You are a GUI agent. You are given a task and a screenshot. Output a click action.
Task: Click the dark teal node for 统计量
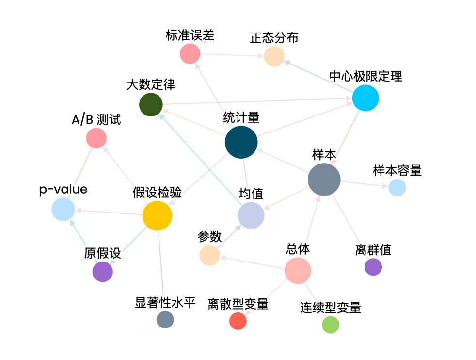coord(241,142)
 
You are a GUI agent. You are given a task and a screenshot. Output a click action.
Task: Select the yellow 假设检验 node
coord(158,215)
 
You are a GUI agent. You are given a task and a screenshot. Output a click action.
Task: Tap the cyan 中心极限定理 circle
coord(365,98)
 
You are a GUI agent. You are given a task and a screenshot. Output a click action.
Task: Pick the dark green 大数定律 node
coord(151,105)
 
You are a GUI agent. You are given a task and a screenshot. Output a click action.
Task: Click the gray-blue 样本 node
coord(324,180)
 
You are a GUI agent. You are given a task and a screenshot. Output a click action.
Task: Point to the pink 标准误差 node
coord(190,53)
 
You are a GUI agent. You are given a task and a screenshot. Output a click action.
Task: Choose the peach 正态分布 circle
coord(274,56)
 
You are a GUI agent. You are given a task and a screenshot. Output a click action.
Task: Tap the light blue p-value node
coord(63,210)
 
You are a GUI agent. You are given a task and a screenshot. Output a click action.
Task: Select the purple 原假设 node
coord(103,272)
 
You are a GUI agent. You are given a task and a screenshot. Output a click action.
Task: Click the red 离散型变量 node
coord(238,321)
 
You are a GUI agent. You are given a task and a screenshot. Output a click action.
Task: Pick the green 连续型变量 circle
coord(331,325)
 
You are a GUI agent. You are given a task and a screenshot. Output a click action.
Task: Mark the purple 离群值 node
coord(373,267)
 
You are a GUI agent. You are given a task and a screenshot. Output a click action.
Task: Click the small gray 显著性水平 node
coord(165,320)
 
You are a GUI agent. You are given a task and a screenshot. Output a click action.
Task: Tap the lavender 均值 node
coord(251,215)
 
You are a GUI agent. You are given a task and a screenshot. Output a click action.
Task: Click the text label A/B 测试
coord(96,120)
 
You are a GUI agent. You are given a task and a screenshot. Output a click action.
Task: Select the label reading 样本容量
coord(397,170)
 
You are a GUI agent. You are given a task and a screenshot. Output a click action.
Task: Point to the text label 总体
coord(298,249)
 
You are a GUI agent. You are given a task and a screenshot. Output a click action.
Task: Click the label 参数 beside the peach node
coord(209,237)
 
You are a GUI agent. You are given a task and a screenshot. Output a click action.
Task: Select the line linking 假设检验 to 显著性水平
coord(162,272)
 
